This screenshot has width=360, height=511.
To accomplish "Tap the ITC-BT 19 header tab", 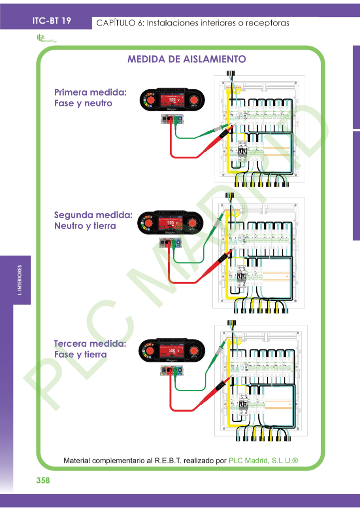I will [51, 21].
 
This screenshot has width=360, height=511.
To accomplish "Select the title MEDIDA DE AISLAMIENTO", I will [186, 59].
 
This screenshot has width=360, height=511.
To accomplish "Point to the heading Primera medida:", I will [90, 92].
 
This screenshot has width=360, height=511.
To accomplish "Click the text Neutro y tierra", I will [85, 226].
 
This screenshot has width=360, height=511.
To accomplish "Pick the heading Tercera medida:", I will [90, 343].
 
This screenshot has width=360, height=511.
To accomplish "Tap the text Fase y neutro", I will [83, 104].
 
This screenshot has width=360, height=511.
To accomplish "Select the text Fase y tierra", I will [80, 355].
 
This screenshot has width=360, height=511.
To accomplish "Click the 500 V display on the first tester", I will [171, 100].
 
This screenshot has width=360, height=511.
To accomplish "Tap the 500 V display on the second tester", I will [171, 223].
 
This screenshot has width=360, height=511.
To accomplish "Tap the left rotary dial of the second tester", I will [148, 223].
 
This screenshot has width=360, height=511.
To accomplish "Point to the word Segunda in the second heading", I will [73, 215].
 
